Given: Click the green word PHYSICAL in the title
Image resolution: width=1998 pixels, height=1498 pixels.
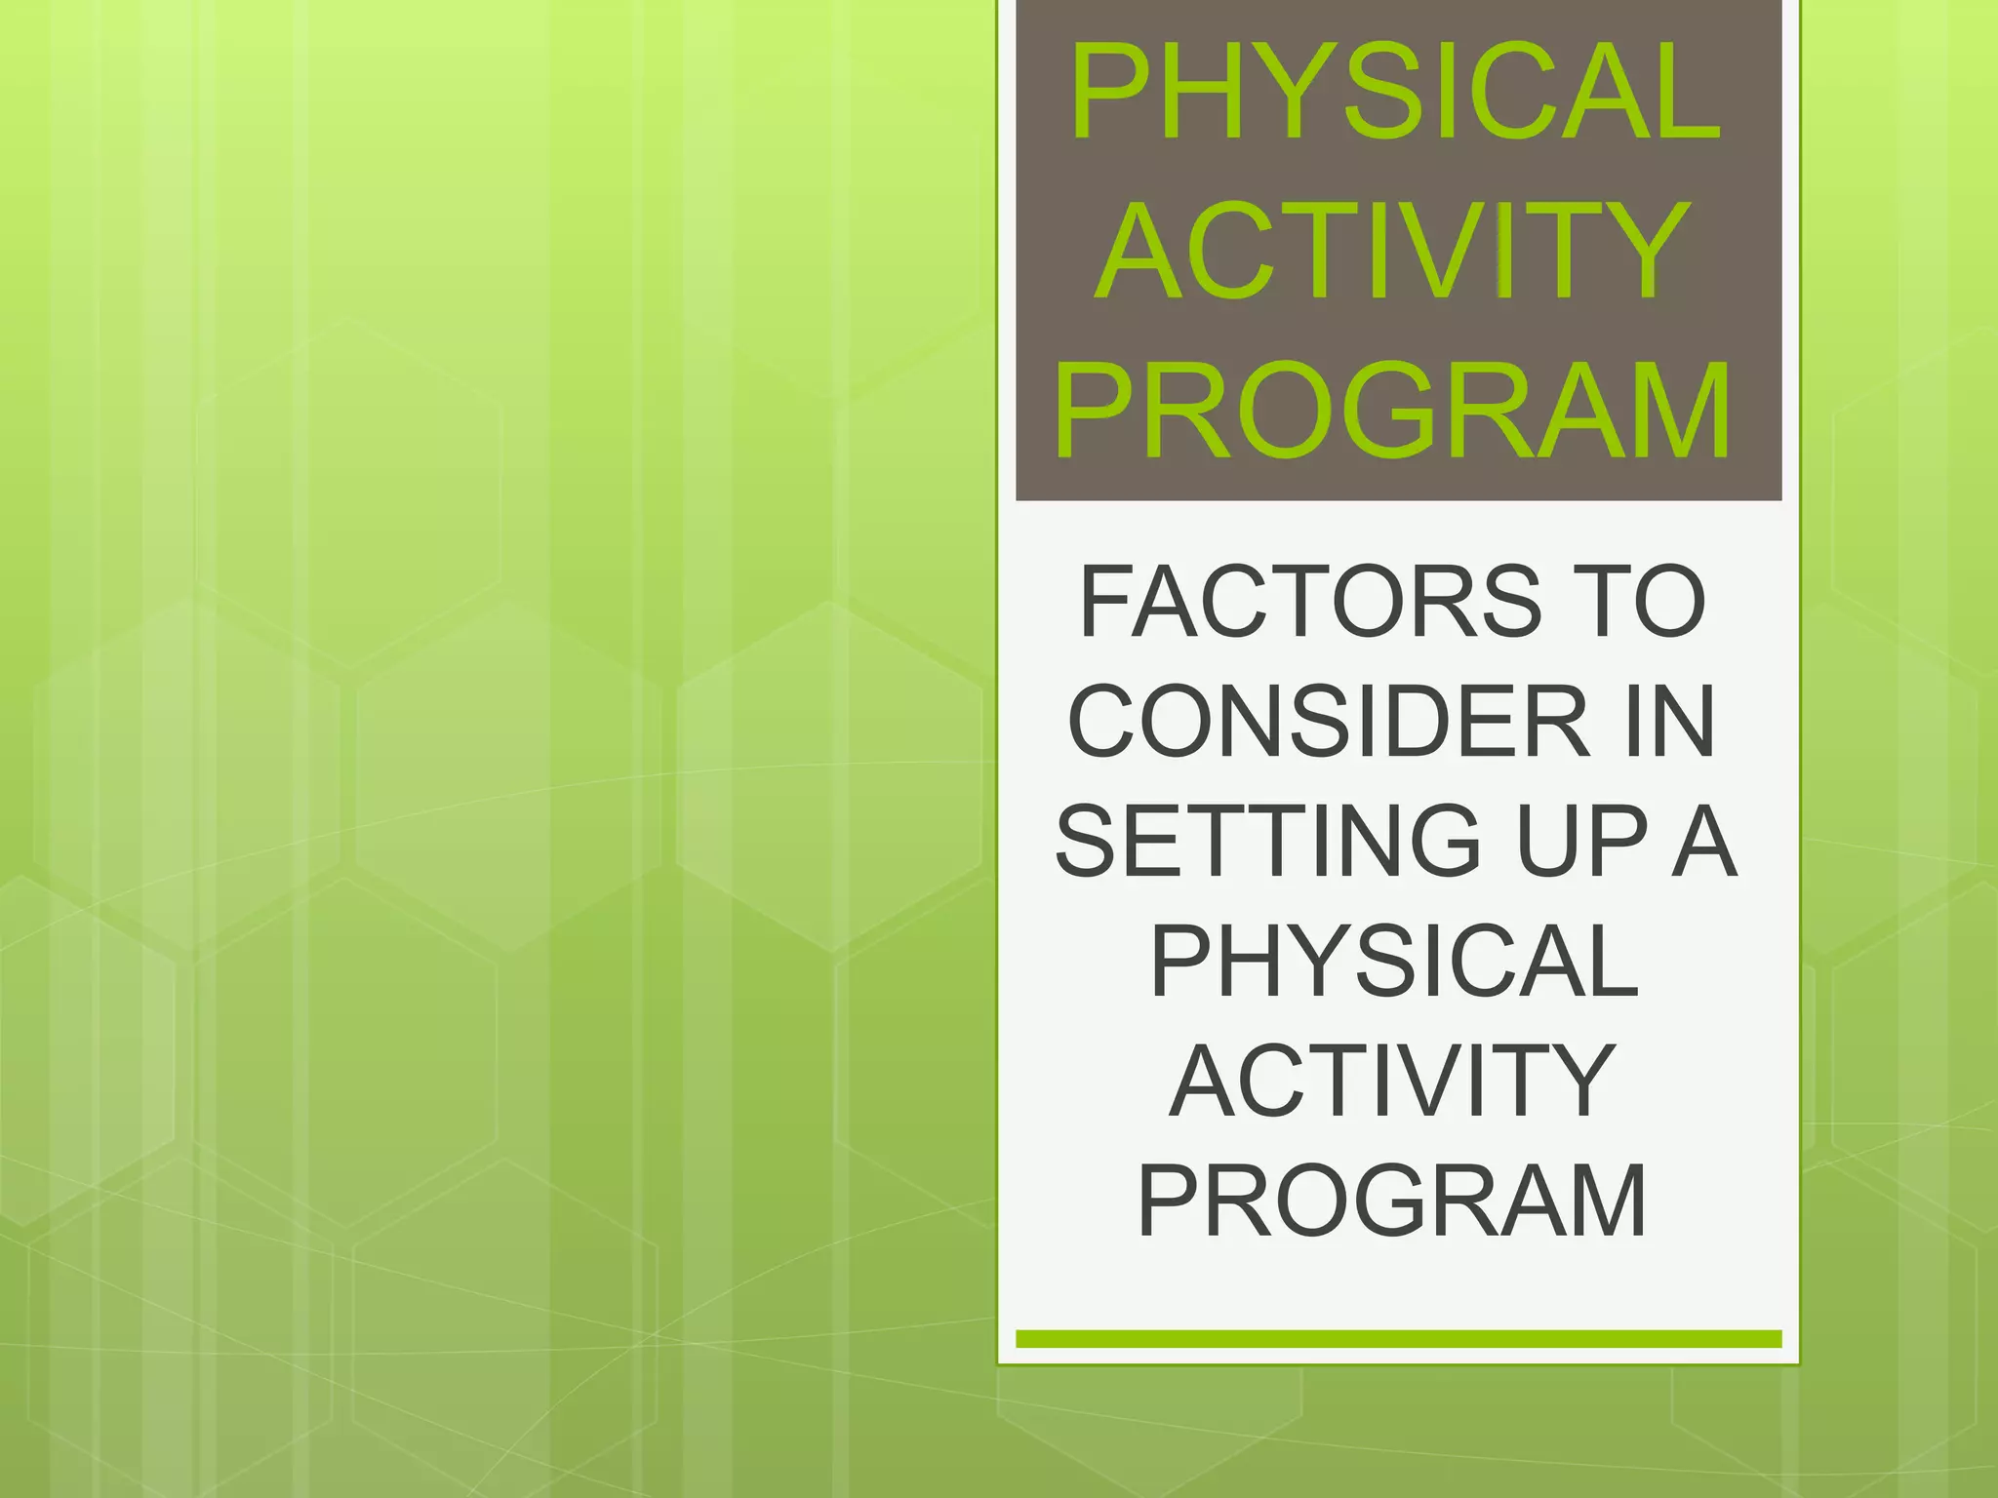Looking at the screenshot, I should [x=1395, y=93].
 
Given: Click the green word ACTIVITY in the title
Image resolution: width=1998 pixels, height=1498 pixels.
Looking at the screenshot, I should [x=1393, y=252].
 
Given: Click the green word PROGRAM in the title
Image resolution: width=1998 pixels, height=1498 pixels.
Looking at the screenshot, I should [x=1393, y=410].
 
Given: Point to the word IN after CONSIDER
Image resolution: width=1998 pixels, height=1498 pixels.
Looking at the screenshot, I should [x=1669, y=723].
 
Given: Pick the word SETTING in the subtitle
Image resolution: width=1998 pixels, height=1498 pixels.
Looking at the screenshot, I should [x=1268, y=842].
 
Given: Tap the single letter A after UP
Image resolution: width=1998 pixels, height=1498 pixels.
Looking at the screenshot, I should [x=1703, y=842].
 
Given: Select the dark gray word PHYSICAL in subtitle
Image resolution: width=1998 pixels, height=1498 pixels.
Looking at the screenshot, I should [x=1395, y=962].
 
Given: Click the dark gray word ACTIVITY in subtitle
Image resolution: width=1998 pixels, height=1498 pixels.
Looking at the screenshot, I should [x=1393, y=1081].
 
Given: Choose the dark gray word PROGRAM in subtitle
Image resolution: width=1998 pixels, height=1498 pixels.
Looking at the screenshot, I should [x=1393, y=1201].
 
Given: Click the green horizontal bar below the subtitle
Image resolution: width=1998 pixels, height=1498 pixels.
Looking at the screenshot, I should [x=1398, y=1339].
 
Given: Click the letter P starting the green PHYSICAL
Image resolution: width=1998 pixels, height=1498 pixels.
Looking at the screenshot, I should [x=1110, y=93].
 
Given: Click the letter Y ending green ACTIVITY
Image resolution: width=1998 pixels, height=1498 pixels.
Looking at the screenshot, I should [x=1648, y=252].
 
